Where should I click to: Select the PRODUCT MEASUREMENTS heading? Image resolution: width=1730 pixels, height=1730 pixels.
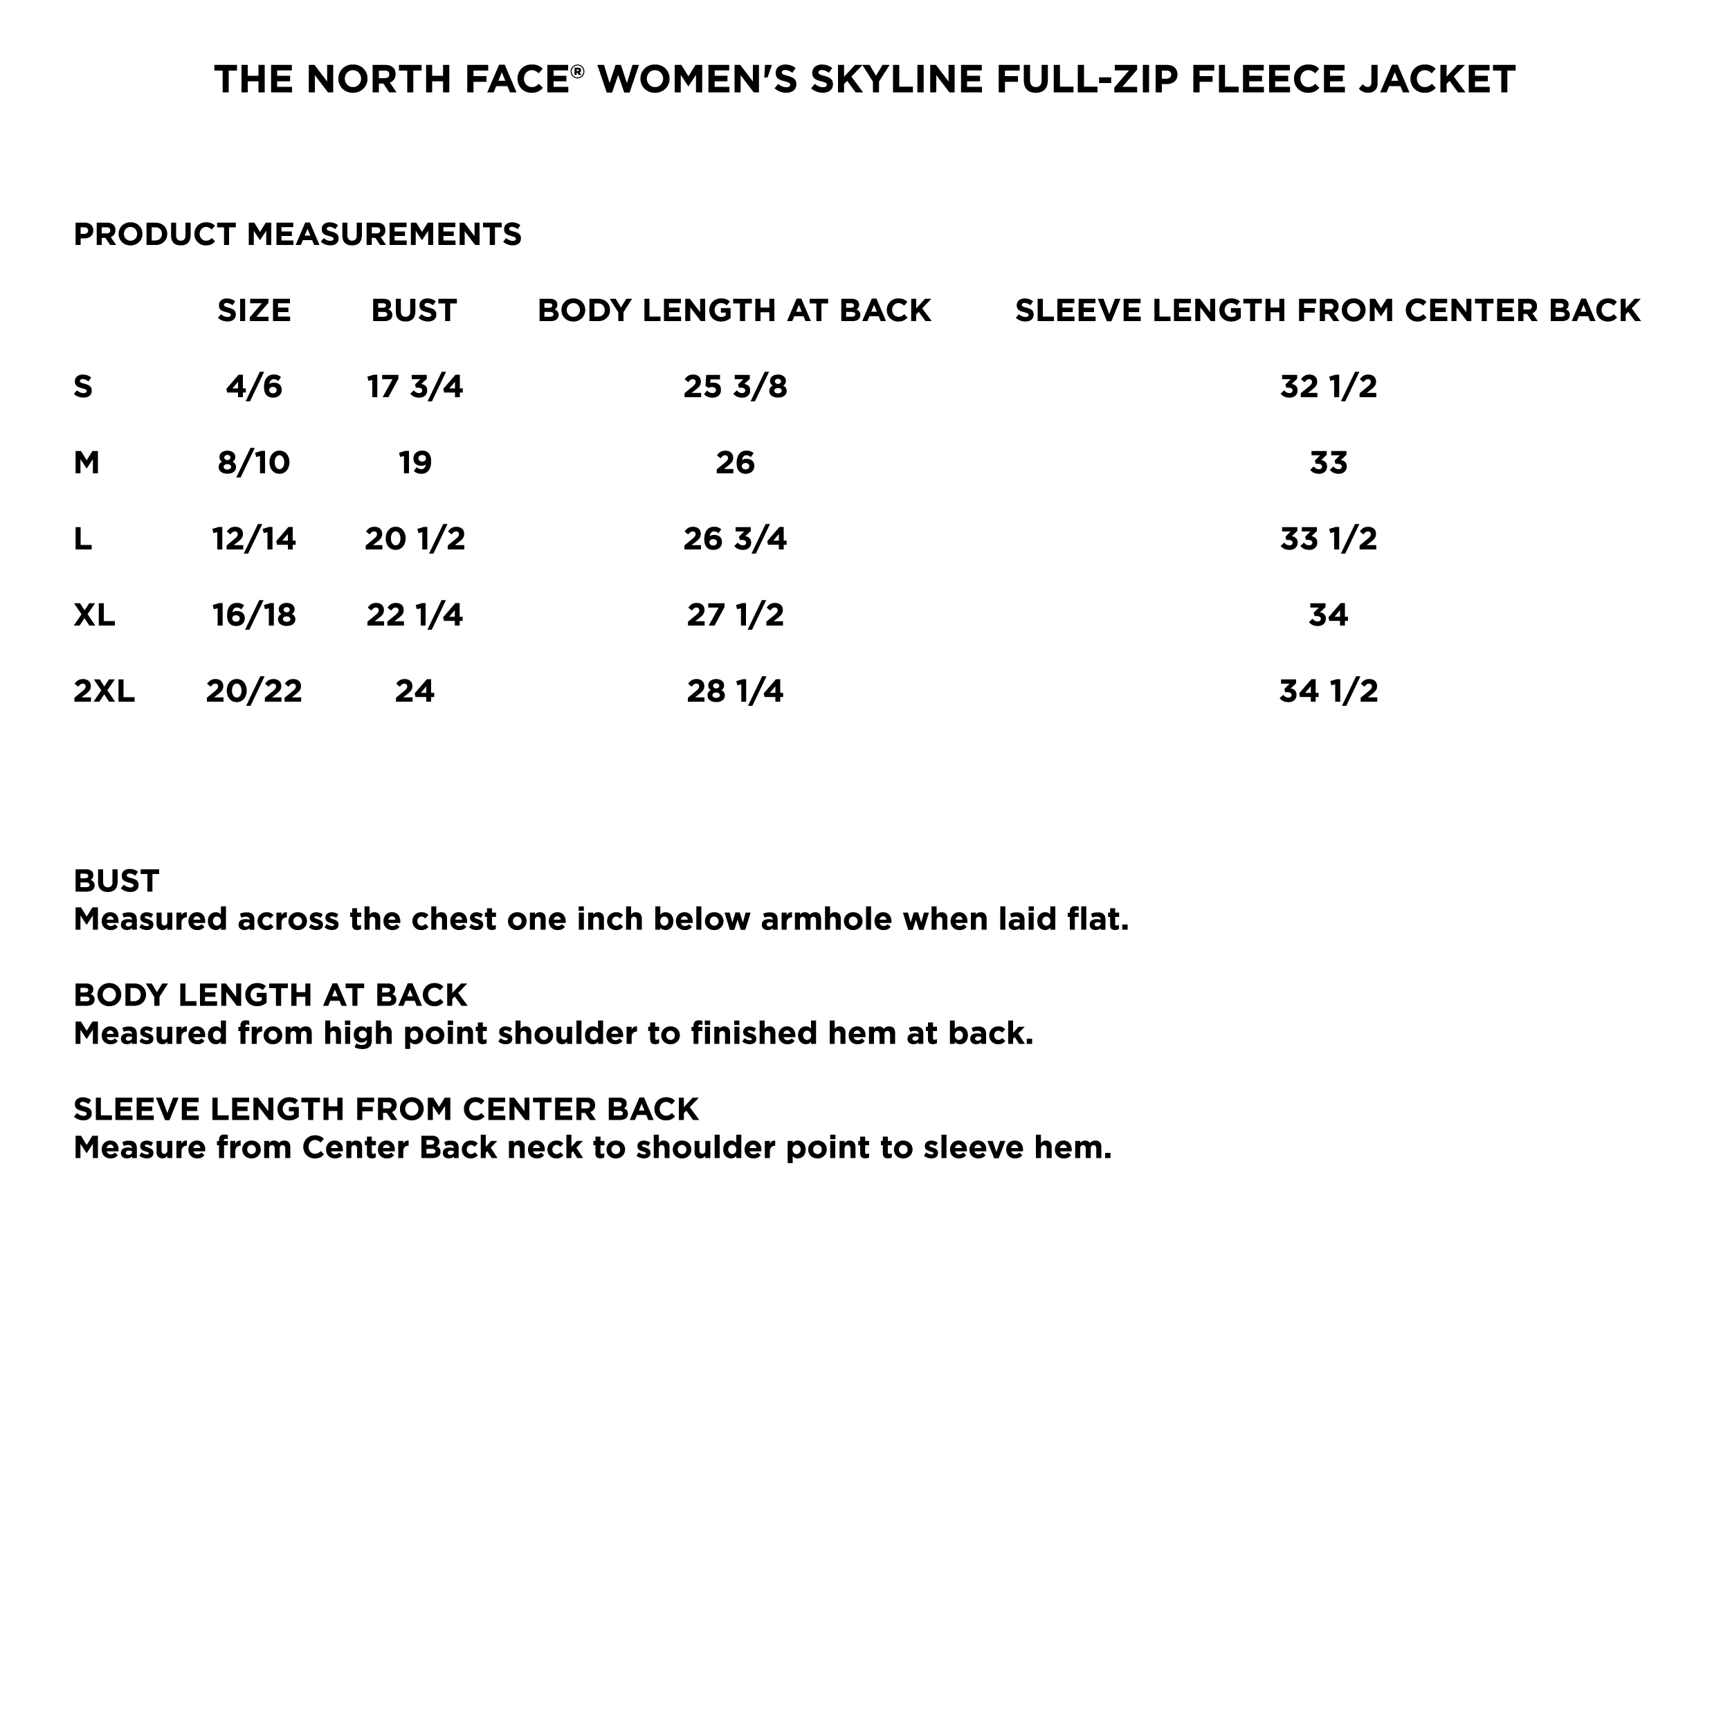click(x=298, y=235)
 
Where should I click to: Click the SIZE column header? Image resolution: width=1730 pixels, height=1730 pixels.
click(x=254, y=311)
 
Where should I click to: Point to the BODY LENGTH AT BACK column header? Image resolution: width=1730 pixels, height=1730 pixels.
click(x=734, y=311)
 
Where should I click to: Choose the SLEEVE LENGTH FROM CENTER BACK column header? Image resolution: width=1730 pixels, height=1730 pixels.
click(x=1328, y=311)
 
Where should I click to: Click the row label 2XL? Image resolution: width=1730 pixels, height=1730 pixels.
click(x=104, y=691)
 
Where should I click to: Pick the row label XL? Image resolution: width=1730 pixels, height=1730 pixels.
click(x=94, y=615)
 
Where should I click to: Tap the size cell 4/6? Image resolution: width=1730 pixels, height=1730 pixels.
click(x=254, y=387)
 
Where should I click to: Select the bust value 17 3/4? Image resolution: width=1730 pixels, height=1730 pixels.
click(x=415, y=387)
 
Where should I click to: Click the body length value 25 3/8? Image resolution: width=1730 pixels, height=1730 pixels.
click(x=735, y=387)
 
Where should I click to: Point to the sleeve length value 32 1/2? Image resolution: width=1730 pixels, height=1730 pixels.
click(x=1329, y=387)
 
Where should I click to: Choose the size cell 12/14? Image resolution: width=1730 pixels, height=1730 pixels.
click(x=254, y=539)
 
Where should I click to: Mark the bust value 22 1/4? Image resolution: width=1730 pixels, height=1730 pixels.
click(x=415, y=615)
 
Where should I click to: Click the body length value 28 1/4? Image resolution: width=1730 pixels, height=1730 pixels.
click(x=735, y=691)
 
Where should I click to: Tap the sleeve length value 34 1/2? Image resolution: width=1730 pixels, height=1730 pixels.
click(x=1329, y=691)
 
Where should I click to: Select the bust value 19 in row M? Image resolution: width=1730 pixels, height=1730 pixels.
click(x=415, y=463)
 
